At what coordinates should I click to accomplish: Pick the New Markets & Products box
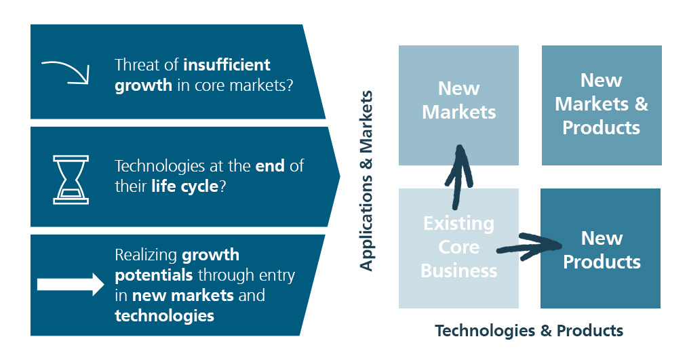click(x=601, y=104)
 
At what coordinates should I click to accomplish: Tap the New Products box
click(x=601, y=249)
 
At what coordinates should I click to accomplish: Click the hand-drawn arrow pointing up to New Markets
click(x=458, y=176)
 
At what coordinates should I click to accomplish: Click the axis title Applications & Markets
click(x=366, y=180)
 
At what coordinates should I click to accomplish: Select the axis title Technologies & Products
click(x=528, y=330)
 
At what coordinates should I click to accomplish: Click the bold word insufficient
click(x=227, y=65)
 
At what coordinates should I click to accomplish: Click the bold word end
click(x=271, y=166)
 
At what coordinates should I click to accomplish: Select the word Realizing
click(x=146, y=256)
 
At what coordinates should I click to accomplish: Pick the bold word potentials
click(x=153, y=275)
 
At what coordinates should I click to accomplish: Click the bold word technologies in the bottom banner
click(x=164, y=315)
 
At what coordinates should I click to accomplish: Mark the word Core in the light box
click(x=458, y=247)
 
